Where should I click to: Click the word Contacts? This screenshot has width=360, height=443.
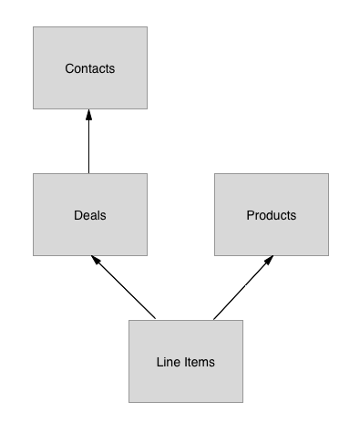[x=90, y=68]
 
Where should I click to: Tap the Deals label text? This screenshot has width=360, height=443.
[x=90, y=216]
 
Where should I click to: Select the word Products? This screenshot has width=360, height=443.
[x=271, y=216]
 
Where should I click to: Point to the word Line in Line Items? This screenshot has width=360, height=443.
[x=169, y=362]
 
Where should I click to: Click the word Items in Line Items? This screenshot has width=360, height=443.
[x=200, y=362]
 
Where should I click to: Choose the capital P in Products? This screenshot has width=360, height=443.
[x=251, y=216]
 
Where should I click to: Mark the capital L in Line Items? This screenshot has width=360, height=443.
[x=160, y=362]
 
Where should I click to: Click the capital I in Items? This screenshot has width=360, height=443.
[x=186, y=362]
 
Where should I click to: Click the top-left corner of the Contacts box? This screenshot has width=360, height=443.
[x=34, y=27]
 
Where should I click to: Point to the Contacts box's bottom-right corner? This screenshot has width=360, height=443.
[x=147, y=108]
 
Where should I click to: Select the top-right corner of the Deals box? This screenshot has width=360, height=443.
[x=147, y=174]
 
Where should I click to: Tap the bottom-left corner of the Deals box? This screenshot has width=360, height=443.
[x=34, y=255]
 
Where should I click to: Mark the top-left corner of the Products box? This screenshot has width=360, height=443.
[x=215, y=174]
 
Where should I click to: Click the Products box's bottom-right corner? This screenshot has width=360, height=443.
[x=328, y=255]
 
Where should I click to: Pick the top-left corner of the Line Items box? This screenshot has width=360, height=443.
[x=129, y=321]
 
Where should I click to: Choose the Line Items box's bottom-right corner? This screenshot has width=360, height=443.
[x=242, y=402]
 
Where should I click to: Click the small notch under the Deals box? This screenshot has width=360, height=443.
[x=91, y=257]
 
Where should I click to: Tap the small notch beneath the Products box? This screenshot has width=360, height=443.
[x=272, y=257]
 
